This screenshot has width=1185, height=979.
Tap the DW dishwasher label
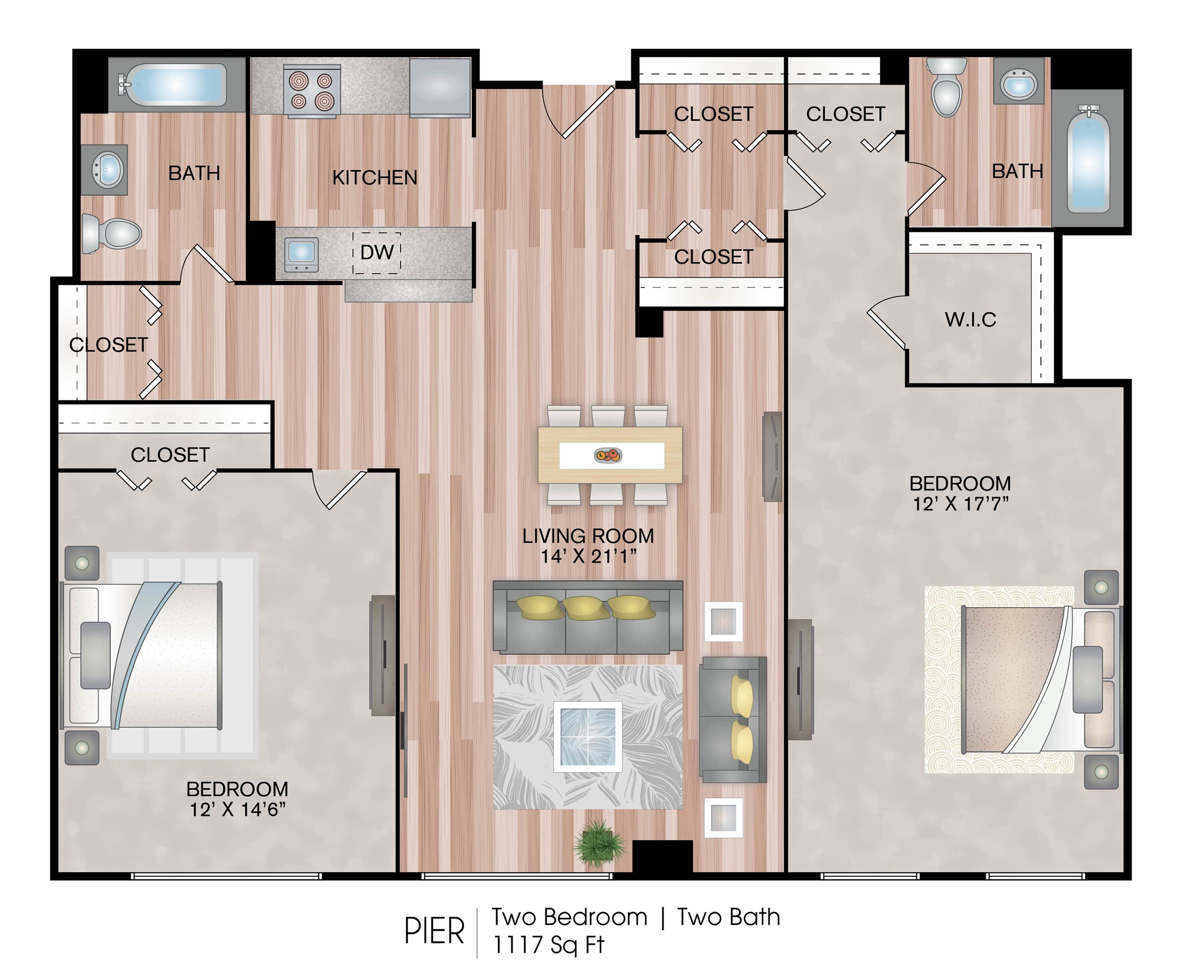click(x=377, y=252)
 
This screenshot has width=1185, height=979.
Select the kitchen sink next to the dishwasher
click(x=302, y=253)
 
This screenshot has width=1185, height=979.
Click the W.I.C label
click(x=970, y=320)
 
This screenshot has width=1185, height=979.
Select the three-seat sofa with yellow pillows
click(x=588, y=617)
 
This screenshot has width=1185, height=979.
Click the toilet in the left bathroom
click(x=111, y=233)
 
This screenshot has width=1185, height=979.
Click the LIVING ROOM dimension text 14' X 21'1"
click(x=588, y=557)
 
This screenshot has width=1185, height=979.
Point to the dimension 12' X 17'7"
click(x=960, y=504)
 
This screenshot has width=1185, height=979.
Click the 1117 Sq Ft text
click(x=548, y=944)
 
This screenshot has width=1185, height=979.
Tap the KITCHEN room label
click(x=375, y=178)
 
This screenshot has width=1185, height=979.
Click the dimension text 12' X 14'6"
click(x=237, y=809)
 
